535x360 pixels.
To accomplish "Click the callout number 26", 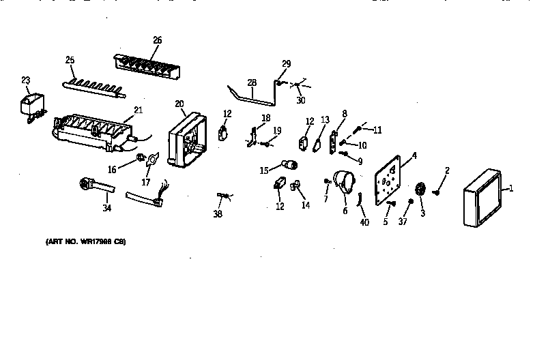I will tap(157, 40).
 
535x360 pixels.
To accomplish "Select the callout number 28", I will tap(252, 83).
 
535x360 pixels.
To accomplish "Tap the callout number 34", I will tap(106, 208).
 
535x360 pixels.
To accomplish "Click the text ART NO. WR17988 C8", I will tap(86, 242).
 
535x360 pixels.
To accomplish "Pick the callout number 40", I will tap(364, 223).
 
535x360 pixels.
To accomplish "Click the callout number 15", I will tap(263, 170).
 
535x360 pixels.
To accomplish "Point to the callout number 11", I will tap(377, 130).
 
